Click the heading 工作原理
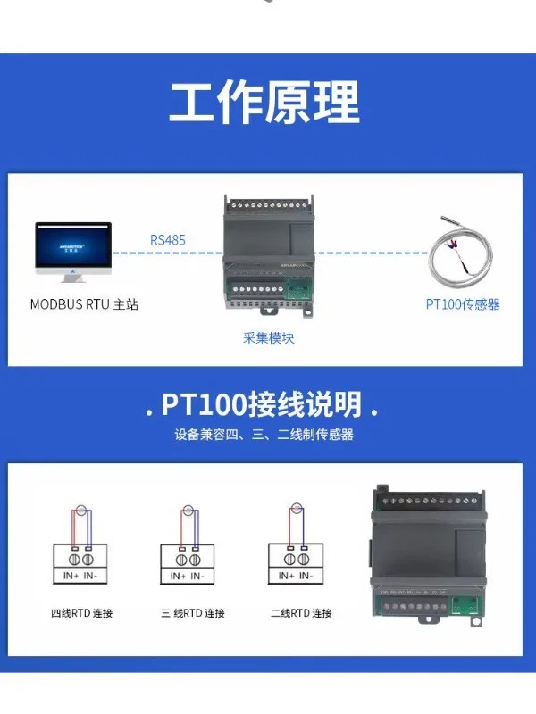264,103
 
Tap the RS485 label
169,239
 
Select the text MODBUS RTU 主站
84,304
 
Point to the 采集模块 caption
268,338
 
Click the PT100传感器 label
462,304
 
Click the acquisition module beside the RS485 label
265,254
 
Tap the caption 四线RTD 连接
81,613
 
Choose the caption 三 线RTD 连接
192,613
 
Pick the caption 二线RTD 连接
300,613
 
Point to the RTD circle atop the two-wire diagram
296,511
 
